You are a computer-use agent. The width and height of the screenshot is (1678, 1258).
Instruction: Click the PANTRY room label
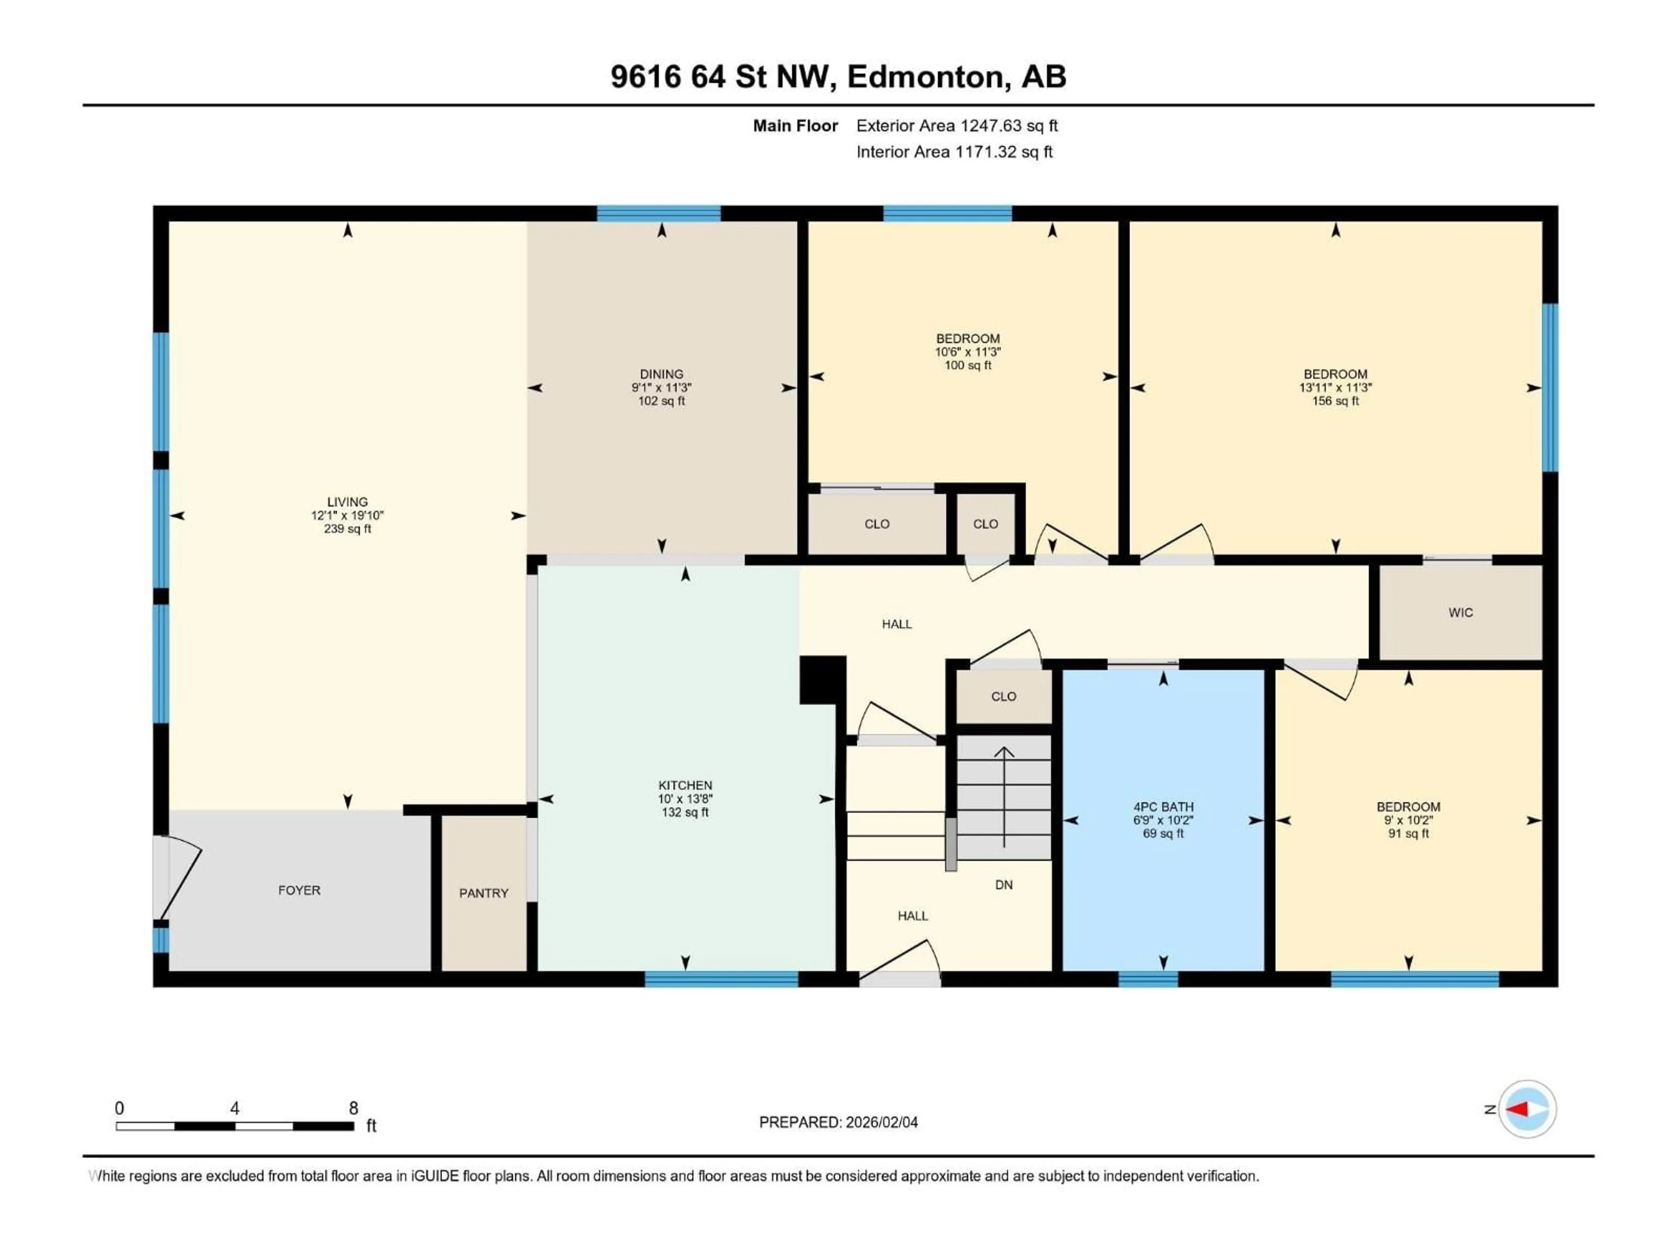coord(483,893)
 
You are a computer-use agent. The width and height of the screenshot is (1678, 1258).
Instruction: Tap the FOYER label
coord(299,890)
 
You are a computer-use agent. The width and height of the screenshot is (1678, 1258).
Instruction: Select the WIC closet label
coord(1460,613)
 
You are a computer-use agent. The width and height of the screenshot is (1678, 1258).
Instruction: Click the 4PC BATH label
coord(1163,807)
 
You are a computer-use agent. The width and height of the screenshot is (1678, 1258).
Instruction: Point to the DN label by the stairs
coord(1004,885)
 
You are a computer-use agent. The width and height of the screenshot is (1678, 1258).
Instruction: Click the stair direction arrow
coord(1004,796)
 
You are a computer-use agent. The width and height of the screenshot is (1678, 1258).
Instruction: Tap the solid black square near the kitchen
coord(822,679)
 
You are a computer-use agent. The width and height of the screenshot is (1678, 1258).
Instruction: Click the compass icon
coord(1527,1109)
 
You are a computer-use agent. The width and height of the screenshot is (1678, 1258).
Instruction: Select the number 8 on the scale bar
coord(354,1109)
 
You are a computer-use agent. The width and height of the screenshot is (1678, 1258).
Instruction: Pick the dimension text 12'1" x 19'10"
coord(347,515)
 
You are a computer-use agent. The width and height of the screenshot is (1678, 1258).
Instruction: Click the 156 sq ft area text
coord(1335,401)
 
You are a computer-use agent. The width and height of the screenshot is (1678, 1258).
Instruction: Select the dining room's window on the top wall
coord(659,213)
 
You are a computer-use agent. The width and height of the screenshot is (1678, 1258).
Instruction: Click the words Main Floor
coord(795,126)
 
